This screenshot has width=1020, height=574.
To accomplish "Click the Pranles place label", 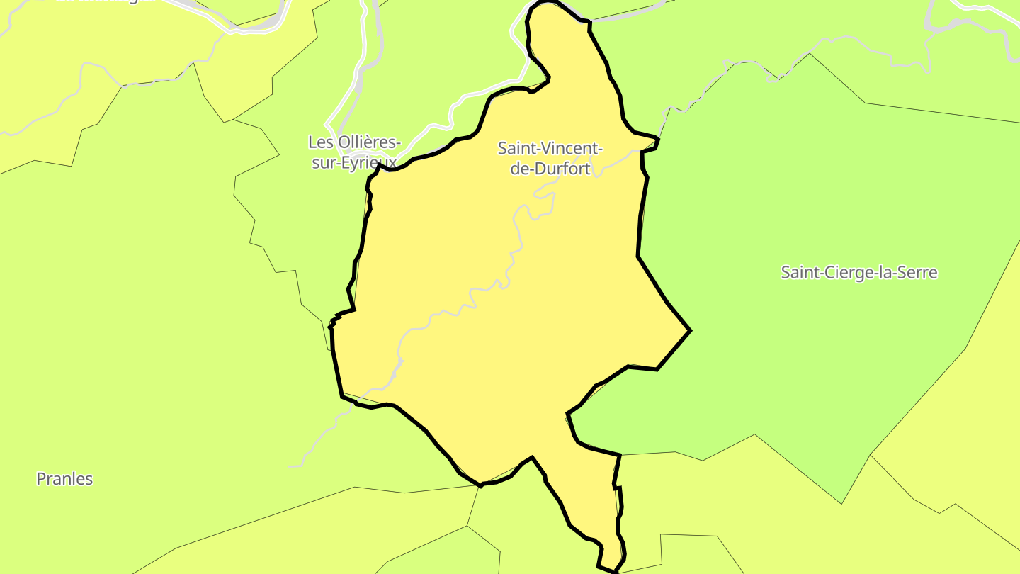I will click(64, 479).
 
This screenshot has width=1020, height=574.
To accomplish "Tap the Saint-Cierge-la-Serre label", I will click(858, 272).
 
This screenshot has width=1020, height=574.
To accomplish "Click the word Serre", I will click(918, 272).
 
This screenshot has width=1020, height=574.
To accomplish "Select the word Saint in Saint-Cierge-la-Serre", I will click(798, 272).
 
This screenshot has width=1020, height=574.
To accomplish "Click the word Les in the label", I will click(321, 142).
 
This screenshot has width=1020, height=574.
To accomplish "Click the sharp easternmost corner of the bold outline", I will click(690, 330).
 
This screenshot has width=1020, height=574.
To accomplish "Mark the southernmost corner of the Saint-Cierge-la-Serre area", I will click(841, 503).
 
